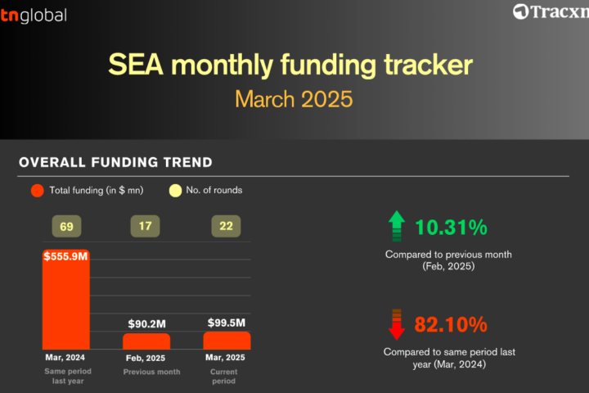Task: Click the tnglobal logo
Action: [34, 16]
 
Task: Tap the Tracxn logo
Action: [551, 11]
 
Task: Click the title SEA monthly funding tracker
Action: [290, 65]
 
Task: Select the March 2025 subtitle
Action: [294, 99]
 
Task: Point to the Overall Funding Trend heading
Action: [115, 162]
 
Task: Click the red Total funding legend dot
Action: [37, 191]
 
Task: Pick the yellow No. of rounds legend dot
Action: [175, 191]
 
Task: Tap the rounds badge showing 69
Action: [66, 227]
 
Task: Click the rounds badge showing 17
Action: [145, 226]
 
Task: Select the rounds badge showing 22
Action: [226, 226]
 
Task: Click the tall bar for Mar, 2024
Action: [66, 300]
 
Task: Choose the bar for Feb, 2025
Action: [146, 341]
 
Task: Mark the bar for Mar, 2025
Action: [227, 341]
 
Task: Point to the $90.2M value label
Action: [147, 323]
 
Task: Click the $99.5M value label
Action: [227, 323]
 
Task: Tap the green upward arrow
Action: [397, 226]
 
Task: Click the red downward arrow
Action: [397, 324]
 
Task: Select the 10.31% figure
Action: [451, 228]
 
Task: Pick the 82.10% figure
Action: [451, 324]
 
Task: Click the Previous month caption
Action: [152, 372]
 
